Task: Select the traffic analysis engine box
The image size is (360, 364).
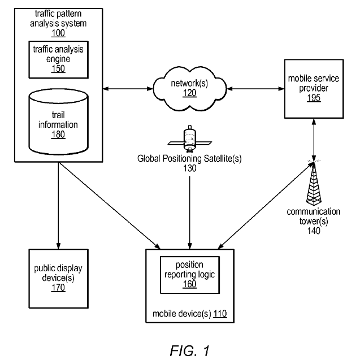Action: [57, 58]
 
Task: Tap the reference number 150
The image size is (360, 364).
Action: [58, 69]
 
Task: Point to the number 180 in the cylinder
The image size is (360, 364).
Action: [57, 135]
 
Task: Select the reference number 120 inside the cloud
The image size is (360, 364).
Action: [189, 93]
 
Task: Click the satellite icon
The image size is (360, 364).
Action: [189, 138]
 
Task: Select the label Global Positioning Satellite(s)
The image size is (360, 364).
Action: [189, 159]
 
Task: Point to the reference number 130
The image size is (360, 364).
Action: [189, 168]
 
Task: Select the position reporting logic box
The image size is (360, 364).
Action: [189, 276]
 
